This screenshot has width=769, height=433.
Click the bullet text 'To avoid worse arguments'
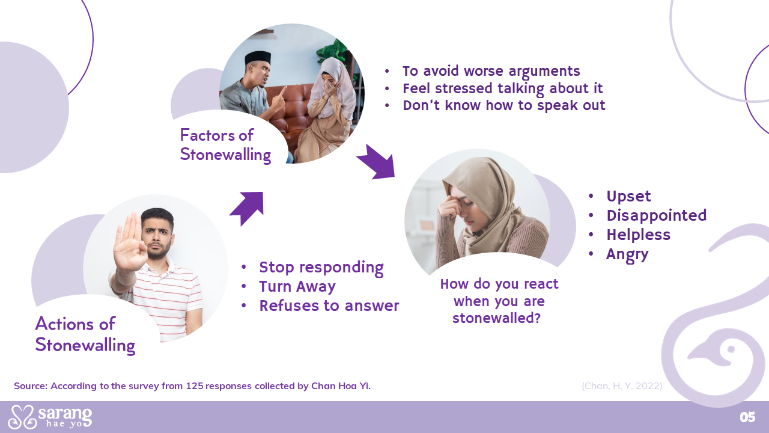coord(491,72)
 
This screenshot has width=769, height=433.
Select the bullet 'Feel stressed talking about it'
coord(503,88)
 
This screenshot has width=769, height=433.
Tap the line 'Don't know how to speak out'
coord(504,105)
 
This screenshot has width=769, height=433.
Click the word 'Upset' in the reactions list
coord(628,197)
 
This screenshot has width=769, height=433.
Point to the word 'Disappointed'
coord(657,216)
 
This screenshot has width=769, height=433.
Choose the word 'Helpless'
coord(638,235)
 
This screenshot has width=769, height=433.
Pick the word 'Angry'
coord(627,255)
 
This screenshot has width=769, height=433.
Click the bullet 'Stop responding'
coord(321,268)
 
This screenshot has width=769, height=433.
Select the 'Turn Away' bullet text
coord(297,287)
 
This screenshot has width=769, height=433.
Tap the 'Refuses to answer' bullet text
coord(329,306)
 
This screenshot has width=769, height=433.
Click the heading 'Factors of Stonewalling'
coord(225,145)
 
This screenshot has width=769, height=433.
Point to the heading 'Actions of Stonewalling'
coord(85,334)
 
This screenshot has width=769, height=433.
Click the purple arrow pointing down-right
coord(377,162)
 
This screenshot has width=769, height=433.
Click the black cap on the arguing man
coord(258,57)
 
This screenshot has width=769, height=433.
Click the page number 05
coord(747,417)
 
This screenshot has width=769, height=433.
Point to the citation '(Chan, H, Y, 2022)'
coord(622,386)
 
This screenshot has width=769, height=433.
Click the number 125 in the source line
coord(195,386)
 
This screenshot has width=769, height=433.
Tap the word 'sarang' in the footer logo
coord(65,413)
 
